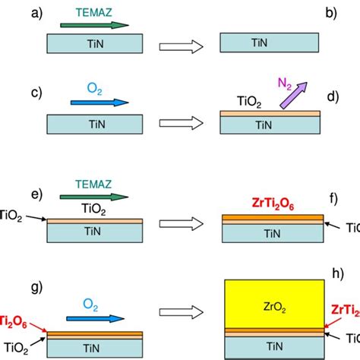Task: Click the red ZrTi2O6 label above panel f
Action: [273, 203]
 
